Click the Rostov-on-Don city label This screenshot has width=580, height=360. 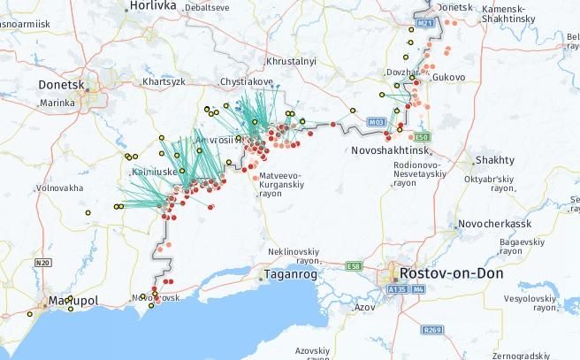tap(451, 273)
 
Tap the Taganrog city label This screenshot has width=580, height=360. tap(292, 275)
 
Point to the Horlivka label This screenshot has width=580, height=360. tap(153, 5)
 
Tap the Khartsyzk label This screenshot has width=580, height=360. tap(163, 81)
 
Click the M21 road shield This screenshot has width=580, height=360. tap(426, 21)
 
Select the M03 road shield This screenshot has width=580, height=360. tap(377, 121)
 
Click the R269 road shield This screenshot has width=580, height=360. tap(432, 330)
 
